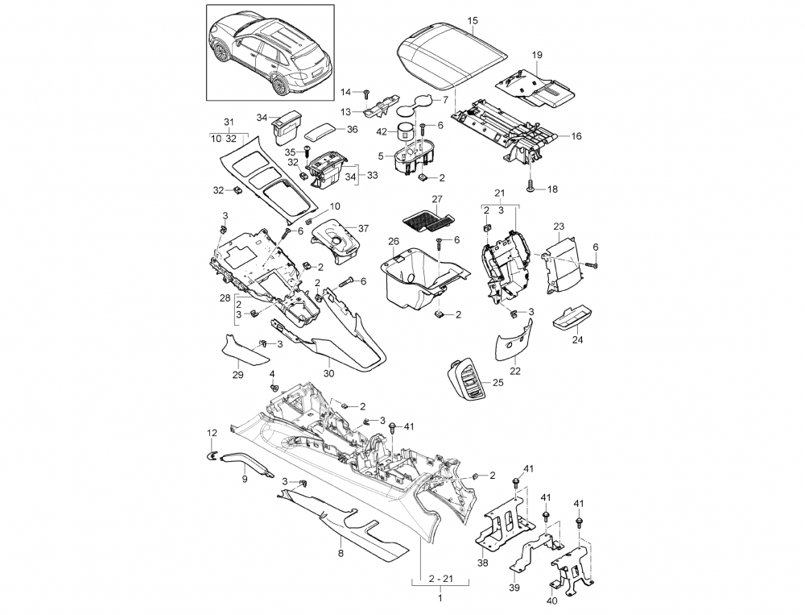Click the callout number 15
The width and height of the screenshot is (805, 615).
point(472,19)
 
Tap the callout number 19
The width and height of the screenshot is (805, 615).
point(537,54)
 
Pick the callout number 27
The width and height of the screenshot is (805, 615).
point(437,198)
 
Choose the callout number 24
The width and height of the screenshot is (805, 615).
point(576,341)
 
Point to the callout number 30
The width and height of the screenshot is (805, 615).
point(328,373)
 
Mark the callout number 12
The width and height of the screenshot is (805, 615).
point(213,433)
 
